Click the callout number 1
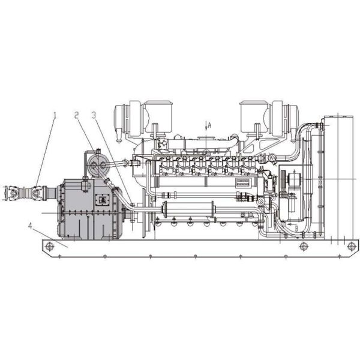pos(55,113)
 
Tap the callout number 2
pos(77,113)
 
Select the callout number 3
pos(94,113)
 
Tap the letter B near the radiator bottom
pos(295,228)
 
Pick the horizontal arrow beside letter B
pos(289,229)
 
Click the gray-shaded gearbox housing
pos(87,207)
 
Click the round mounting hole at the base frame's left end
pos(50,247)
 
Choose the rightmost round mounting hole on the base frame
pos(351,246)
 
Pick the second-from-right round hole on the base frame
pos(304,246)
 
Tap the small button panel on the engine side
pos(243,182)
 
